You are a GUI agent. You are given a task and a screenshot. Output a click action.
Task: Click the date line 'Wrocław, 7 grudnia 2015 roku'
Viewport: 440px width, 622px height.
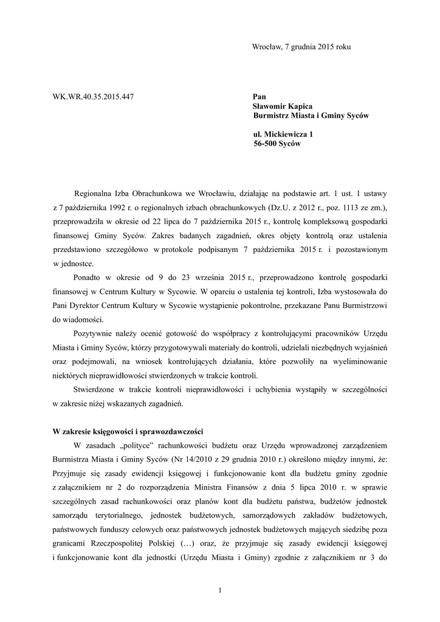(301, 47)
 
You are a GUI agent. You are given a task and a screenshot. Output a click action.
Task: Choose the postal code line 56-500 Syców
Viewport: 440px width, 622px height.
(277, 144)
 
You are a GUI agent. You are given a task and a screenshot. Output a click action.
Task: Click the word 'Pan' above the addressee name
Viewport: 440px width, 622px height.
(260, 97)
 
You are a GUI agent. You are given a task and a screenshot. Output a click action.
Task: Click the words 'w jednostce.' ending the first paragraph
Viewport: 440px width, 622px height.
(73, 264)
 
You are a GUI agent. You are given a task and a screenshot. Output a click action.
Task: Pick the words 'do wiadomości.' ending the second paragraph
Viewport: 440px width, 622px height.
(78, 320)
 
